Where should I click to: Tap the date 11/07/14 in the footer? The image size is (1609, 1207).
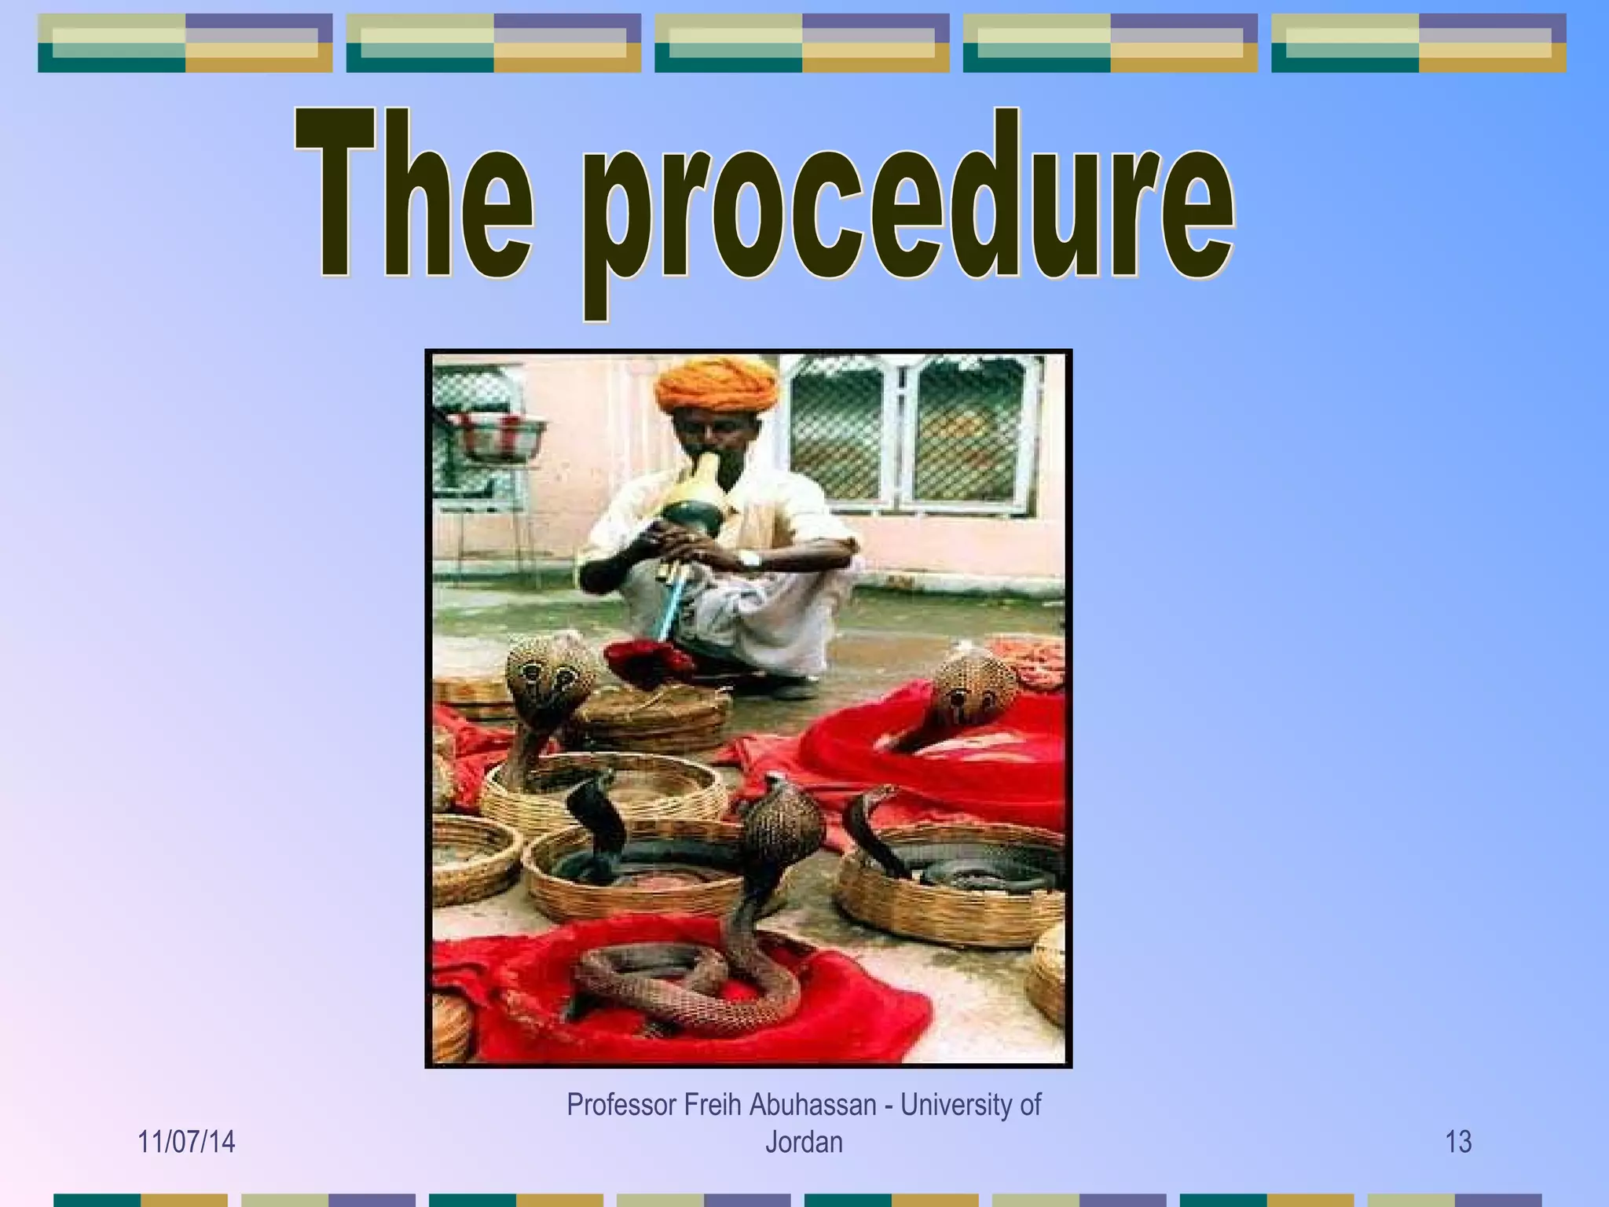pyautogui.click(x=186, y=1142)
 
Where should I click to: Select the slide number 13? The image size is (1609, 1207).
pyautogui.click(x=1458, y=1142)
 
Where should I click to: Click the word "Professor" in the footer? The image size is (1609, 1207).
pyautogui.click(x=621, y=1105)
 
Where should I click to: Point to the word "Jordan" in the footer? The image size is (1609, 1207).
pyautogui.click(x=804, y=1143)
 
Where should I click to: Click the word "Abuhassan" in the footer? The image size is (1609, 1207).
pyautogui.click(x=812, y=1105)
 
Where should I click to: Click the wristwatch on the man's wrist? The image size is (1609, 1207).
pyautogui.click(x=750, y=559)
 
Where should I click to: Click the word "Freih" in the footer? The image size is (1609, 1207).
pyautogui.click(x=713, y=1105)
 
